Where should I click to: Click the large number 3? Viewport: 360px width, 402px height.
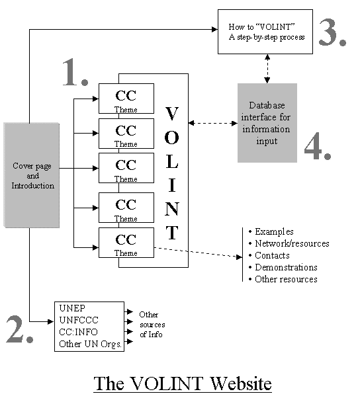(332, 32)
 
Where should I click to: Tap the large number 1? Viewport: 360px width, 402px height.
(75, 72)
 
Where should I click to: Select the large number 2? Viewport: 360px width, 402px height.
(19, 329)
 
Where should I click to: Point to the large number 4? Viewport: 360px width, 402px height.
(318, 146)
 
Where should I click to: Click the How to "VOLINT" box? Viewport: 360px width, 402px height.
(265, 32)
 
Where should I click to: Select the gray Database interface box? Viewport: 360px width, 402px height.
(267, 123)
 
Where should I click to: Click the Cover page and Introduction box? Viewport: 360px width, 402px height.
(32, 175)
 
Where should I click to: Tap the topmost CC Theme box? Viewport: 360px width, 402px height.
(126, 99)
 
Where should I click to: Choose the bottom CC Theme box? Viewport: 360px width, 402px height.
(126, 243)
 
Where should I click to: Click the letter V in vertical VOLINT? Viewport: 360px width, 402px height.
(171, 113)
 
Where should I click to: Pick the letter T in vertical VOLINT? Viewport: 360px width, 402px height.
(172, 233)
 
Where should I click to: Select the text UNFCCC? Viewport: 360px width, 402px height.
(79, 320)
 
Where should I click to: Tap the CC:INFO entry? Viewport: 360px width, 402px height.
(78, 332)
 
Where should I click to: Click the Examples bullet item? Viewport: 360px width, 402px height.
(271, 232)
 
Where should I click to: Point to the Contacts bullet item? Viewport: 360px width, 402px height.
(269, 255)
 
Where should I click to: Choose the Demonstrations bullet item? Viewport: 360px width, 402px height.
(283, 267)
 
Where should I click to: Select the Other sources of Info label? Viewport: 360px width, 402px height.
(152, 325)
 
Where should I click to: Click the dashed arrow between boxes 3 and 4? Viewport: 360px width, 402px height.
(267, 69)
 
